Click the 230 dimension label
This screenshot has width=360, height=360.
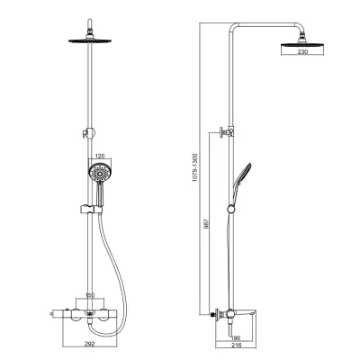pyautogui.click(x=302, y=51)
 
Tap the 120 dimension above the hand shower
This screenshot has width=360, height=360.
pyautogui.click(x=100, y=156)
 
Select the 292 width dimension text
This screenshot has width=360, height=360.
pyautogui.click(x=90, y=344)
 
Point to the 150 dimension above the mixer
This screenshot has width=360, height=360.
pyautogui.click(x=90, y=295)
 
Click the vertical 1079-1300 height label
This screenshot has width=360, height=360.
pyautogui.click(x=194, y=167)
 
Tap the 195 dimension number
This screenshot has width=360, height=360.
pyautogui.click(x=237, y=338)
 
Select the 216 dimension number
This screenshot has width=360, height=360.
pyautogui.click(x=237, y=346)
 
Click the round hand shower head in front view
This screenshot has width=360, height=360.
pyautogui.click(x=97, y=171)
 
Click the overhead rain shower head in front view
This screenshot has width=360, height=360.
pyautogui.click(x=90, y=40)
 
